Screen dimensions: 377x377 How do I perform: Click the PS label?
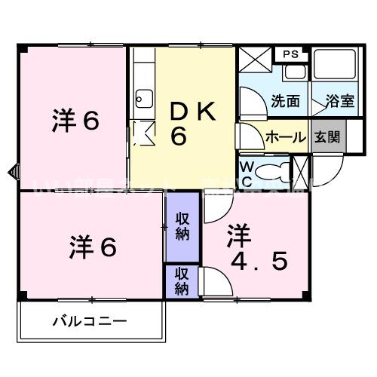pos(290,54)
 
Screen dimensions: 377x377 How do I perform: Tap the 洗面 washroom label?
pos(284,100)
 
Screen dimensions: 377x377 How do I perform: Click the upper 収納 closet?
pos(182,226)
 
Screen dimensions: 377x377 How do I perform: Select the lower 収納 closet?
pos(182,280)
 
